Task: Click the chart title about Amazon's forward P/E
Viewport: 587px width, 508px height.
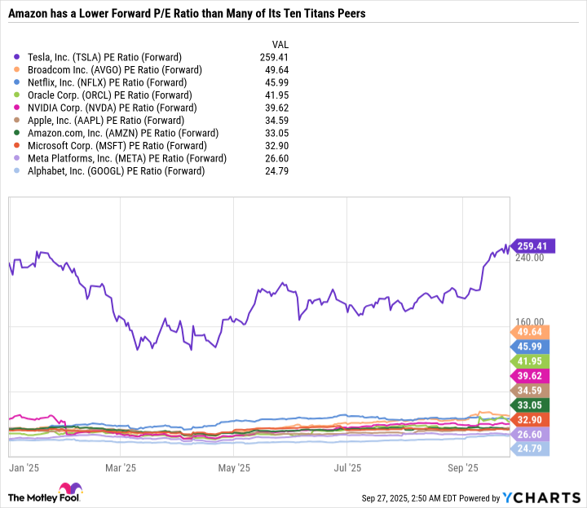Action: pos(187,15)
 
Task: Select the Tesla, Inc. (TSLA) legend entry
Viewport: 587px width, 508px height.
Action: pos(104,57)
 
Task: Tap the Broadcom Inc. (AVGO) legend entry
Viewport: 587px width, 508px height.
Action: pos(114,70)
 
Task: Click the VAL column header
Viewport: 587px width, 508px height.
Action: pos(279,44)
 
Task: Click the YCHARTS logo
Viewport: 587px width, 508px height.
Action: pos(546,497)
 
